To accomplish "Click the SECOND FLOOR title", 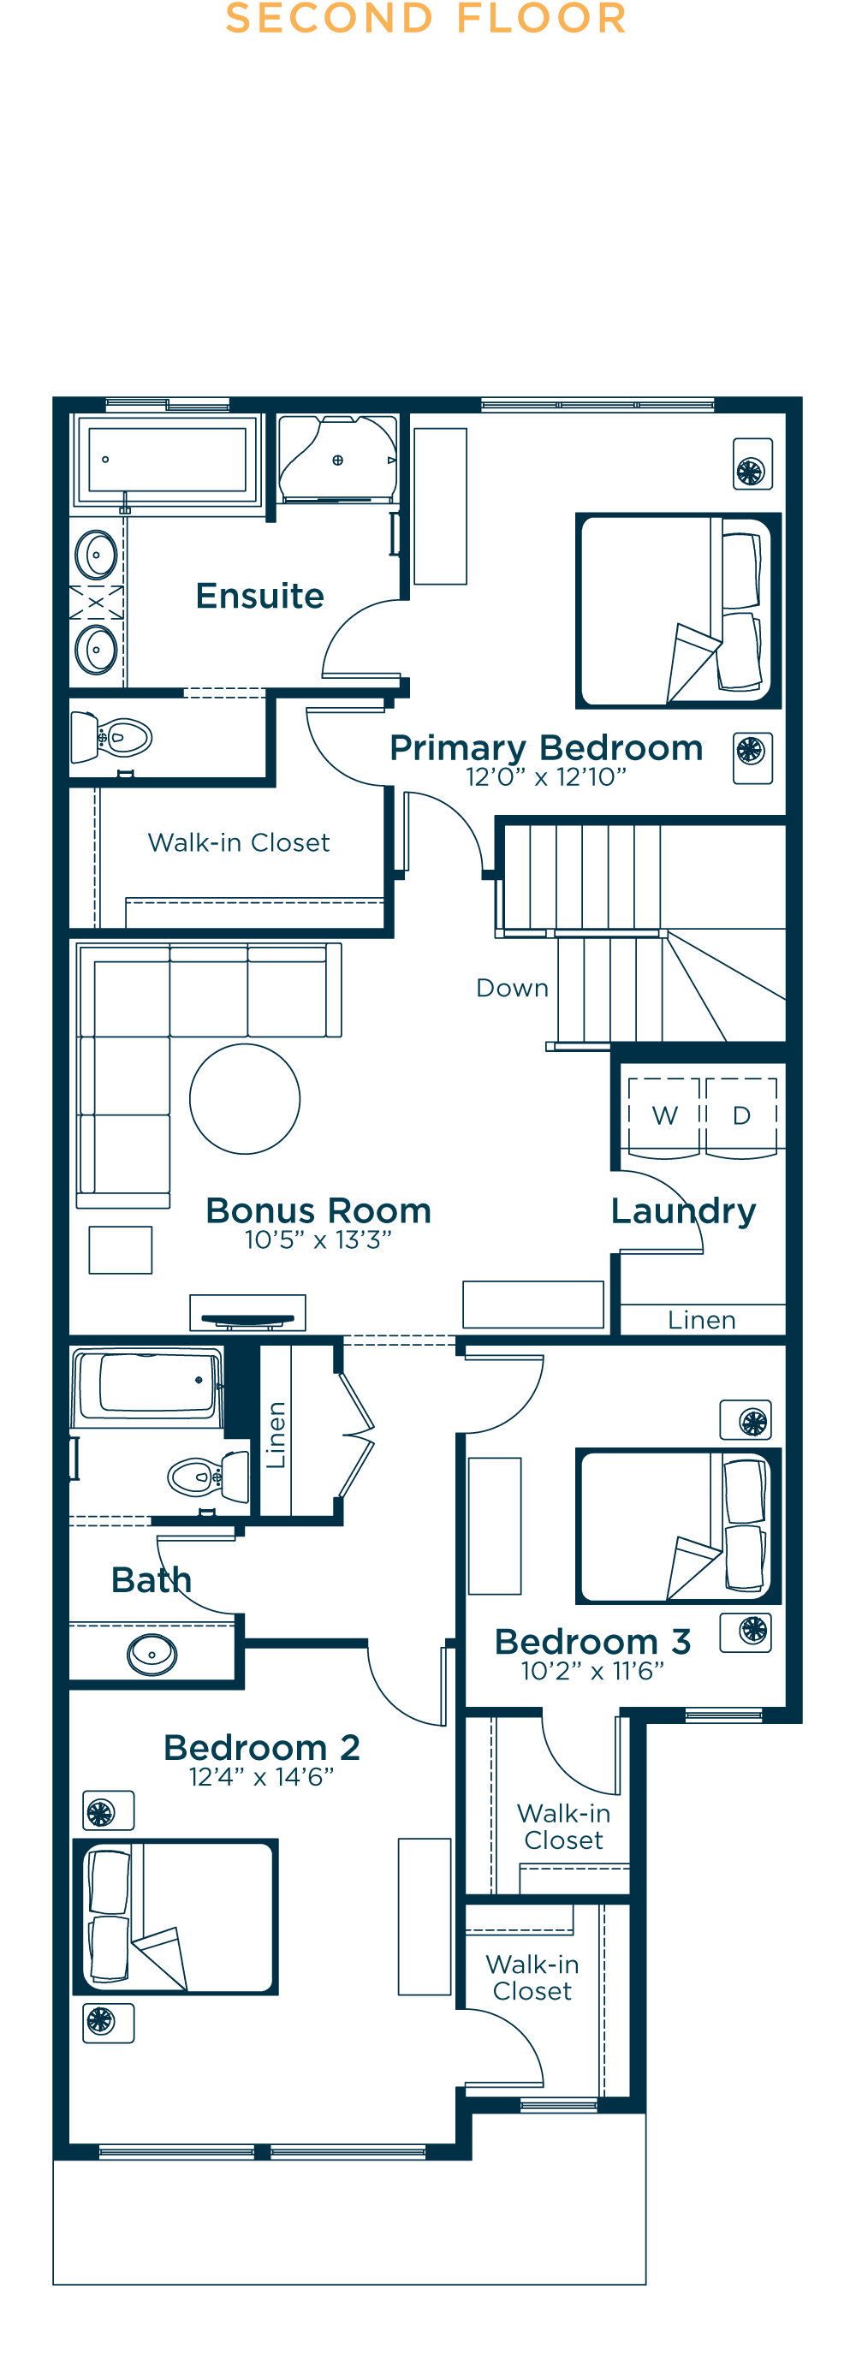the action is [x=425, y=18].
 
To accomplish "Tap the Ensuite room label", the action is [x=260, y=596].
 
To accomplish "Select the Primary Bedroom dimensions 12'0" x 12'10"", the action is [x=546, y=776].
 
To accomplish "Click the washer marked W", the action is [x=664, y=1117].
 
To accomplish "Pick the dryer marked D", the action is [x=741, y=1117].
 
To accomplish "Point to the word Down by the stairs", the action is [x=513, y=988].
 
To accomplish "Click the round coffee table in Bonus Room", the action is [x=245, y=1098].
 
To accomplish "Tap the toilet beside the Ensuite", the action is [x=110, y=736].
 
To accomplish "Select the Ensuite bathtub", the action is [x=167, y=460].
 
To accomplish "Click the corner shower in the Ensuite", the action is [x=337, y=459].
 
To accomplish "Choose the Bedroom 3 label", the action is [x=593, y=1641].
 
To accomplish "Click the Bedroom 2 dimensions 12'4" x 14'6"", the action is [x=261, y=1776].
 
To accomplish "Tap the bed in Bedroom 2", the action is [x=175, y=1916].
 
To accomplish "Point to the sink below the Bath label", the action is [x=152, y=1654].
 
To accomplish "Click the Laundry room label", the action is [x=683, y=1212].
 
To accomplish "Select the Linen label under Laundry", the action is [x=702, y=1320].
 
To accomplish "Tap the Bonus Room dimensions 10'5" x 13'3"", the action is [x=318, y=1239].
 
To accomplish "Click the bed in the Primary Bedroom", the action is [x=678, y=610].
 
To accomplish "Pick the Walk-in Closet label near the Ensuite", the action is [x=239, y=842].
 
